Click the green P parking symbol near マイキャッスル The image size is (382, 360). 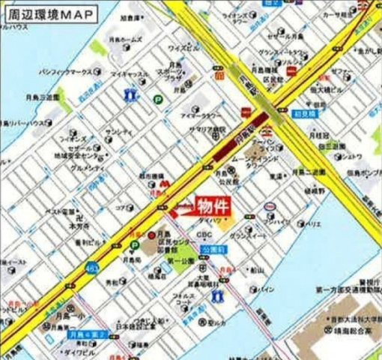[x=158, y=97]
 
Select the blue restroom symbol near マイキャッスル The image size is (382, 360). [x=132, y=95]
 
